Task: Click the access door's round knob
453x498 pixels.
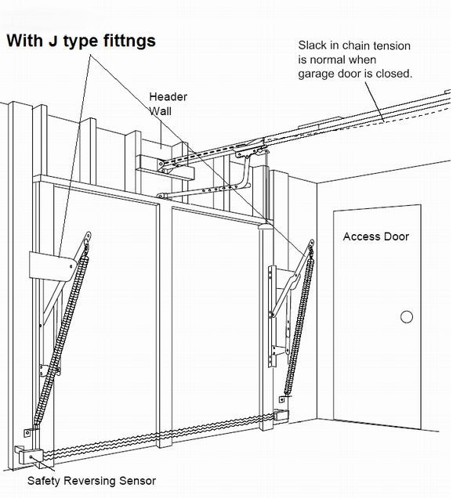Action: tap(407, 316)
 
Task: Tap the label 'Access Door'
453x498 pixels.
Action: tap(375, 236)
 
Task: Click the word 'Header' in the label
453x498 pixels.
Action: tap(169, 96)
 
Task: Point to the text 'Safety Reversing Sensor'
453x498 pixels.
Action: tap(92, 481)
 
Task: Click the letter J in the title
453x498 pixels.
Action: tap(53, 41)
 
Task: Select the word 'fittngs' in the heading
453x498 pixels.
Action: tap(129, 41)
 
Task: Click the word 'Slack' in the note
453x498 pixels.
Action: tap(313, 45)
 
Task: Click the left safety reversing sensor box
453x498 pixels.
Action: tap(31, 456)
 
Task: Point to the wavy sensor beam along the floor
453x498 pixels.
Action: tap(159, 435)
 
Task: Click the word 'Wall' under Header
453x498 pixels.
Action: tap(161, 111)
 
